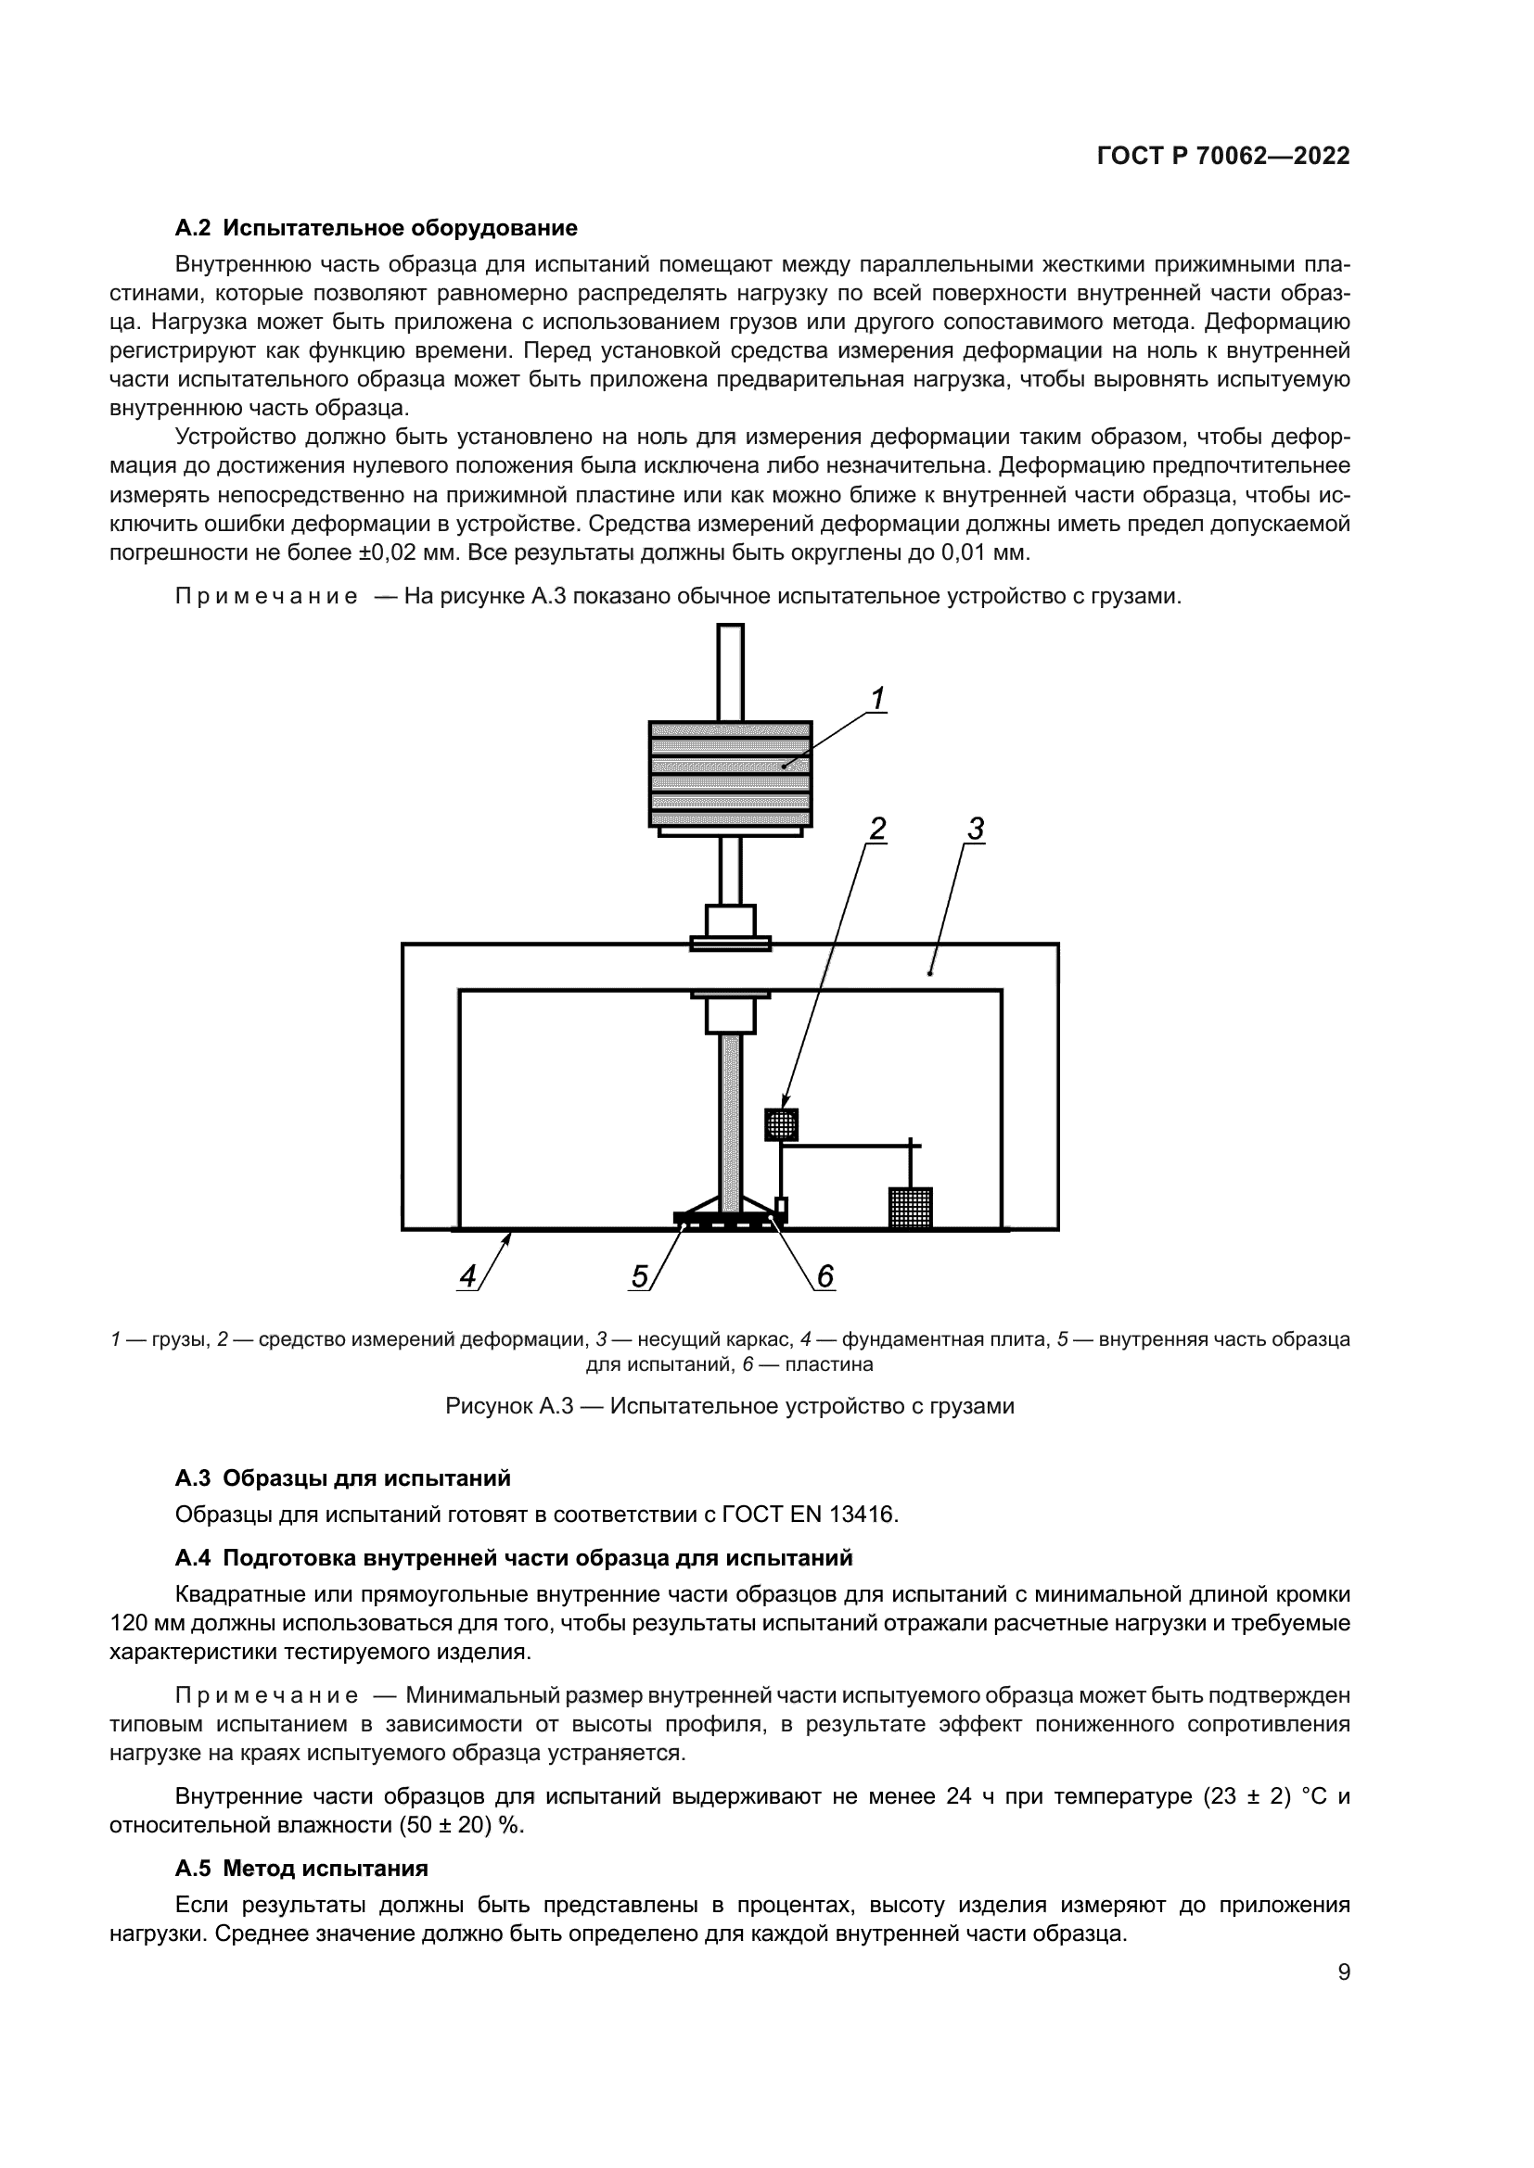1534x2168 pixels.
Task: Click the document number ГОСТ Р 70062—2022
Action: pyautogui.click(x=1222, y=157)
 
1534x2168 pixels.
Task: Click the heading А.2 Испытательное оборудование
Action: pyautogui.click(x=376, y=228)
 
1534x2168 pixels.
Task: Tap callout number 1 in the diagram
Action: pyautogui.click(x=876, y=700)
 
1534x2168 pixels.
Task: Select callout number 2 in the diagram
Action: pyautogui.click(x=877, y=829)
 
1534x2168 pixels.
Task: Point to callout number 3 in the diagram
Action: pyautogui.click(x=976, y=829)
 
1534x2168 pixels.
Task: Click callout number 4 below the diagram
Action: pyautogui.click(x=467, y=1276)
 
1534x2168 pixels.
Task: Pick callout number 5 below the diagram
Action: pyautogui.click(x=640, y=1276)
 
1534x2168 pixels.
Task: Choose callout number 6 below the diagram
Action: pyautogui.click(x=825, y=1276)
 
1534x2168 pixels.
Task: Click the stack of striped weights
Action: pyautogui.click(x=730, y=774)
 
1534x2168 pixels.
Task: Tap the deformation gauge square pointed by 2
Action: pyautogui.click(x=781, y=1124)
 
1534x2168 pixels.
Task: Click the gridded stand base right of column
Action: pyautogui.click(x=911, y=1208)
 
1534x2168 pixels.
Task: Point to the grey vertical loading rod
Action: pyautogui.click(x=730, y=1123)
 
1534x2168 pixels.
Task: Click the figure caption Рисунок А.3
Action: pyautogui.click(x=729, y=1406)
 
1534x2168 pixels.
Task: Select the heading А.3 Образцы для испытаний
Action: pyautogui.click(x=343, y=1477)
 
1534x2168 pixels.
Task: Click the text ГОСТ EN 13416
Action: pyautogui.click(x=808, y=1515)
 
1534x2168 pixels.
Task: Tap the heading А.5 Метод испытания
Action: pyautogui.click(x=301, y=1869)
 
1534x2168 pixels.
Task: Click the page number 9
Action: pyautogui.click(x=1343, y=1972)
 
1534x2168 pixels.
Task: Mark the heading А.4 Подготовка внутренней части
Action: pyautogui.click(x=514, y=1557)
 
